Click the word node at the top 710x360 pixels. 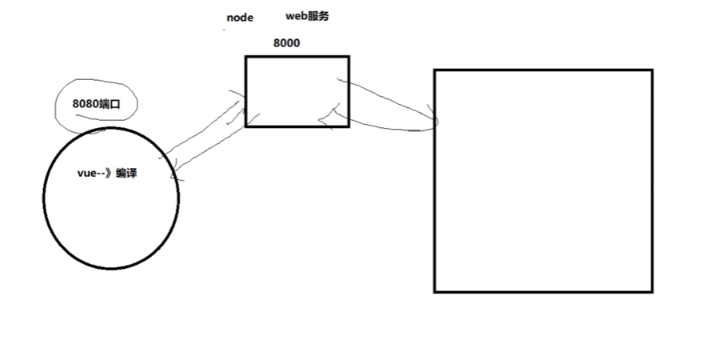click(240, 18)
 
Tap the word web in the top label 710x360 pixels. click(296, 16)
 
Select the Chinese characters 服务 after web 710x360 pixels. click(317, 16)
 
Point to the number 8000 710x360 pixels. click(286, 42)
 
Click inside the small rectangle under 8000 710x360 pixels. click(297, 90)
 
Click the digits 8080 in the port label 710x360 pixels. click(86, 103)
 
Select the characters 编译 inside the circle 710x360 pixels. click(126, 173)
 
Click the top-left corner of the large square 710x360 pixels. click(435, 70)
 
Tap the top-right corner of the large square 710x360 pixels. click(652, 70)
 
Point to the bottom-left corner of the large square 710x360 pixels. click(435, 291)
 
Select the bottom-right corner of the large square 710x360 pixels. click(652, 291)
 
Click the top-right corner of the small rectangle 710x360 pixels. click(349, 57)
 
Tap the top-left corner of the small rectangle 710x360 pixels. click(246, 57)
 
